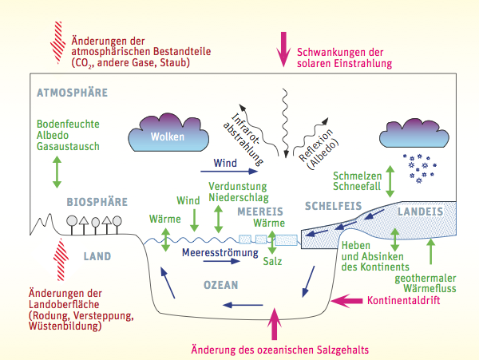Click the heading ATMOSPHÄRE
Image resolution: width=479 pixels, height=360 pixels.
pos(72,93)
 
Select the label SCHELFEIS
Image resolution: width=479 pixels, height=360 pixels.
pos(334,206)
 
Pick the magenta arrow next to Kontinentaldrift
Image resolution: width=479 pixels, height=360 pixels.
pos(347,302)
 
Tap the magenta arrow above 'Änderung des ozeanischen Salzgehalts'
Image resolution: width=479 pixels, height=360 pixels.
pos(276,322)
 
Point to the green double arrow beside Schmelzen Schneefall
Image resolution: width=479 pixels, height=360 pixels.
pos(390,182)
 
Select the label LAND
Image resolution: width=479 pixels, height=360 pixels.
pos(97,256)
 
